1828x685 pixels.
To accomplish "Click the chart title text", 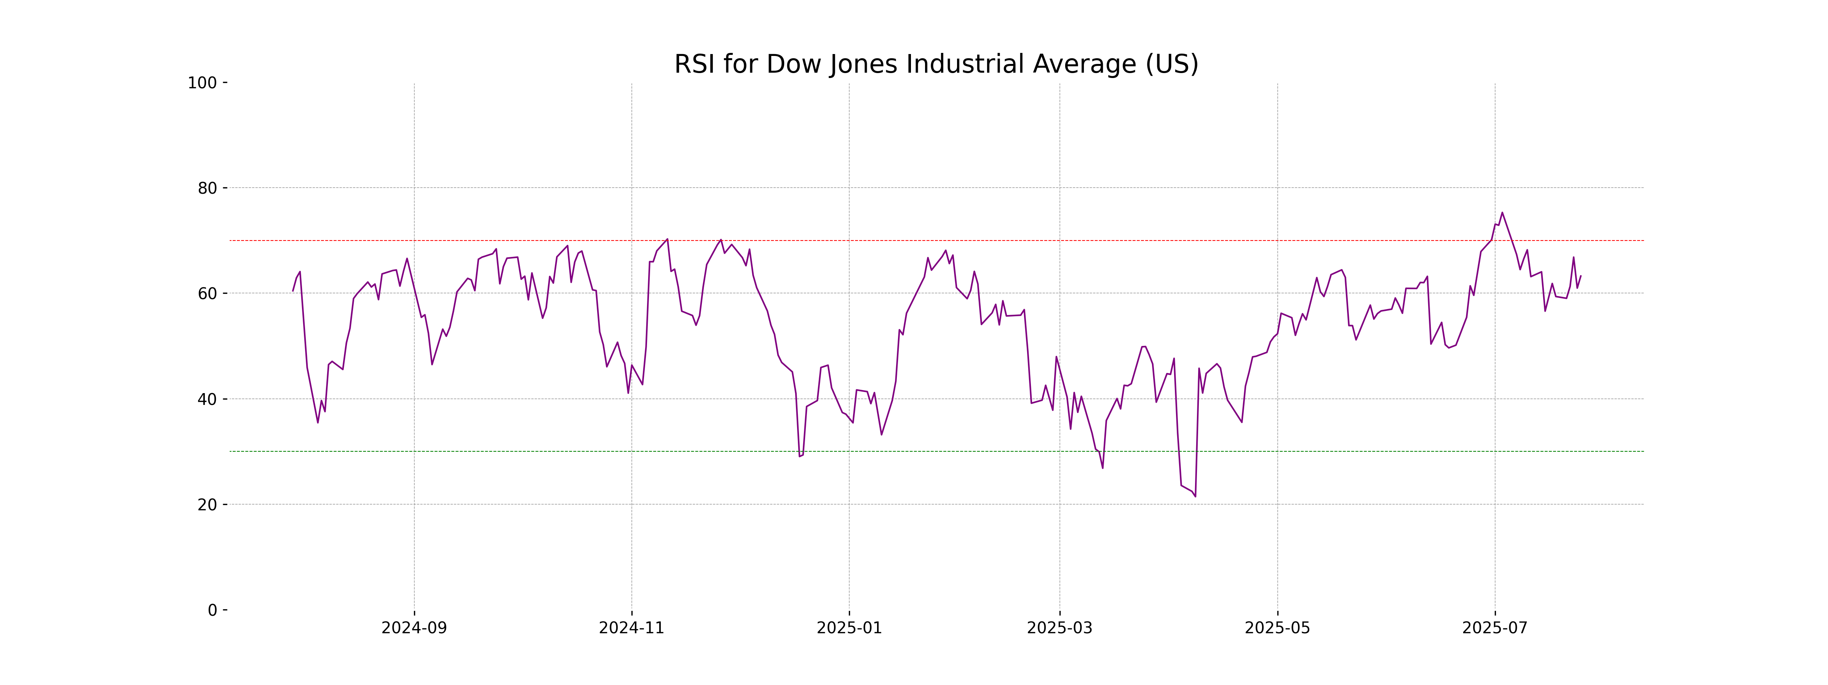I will click(x=936, y=65).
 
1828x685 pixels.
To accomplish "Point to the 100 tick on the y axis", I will click(x=202, y=83).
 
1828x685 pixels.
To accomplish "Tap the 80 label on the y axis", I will click(x=207, y=189).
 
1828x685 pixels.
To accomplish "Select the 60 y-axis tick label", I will click(x=207, y=293).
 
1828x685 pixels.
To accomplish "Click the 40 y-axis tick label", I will click(x=207, y=399).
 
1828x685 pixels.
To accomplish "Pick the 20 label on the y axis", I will click(x=207, y=505).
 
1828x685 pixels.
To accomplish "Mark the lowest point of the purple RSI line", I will click(x=1195, y=495).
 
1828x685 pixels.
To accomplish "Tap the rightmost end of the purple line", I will click(x=1580, y=276).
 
